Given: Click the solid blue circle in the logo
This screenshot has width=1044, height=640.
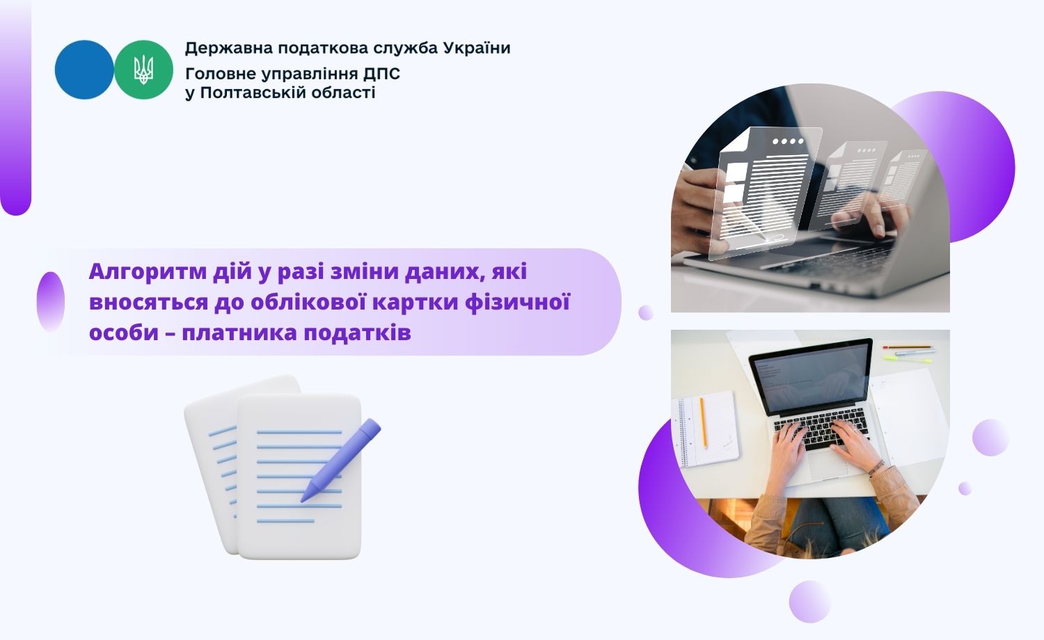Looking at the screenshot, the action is (x=84, y=70).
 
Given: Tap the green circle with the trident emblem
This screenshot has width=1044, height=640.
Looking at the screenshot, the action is (x=143, y=70).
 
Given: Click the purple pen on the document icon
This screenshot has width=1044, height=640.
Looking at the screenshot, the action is (x=341, y=461).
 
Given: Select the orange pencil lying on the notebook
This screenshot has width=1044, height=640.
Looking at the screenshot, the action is (x=703, y=423).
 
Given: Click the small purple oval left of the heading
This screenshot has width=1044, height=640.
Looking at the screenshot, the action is (x=50, y=302).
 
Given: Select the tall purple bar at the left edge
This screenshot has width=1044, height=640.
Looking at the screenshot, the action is (x=15, y=108).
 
